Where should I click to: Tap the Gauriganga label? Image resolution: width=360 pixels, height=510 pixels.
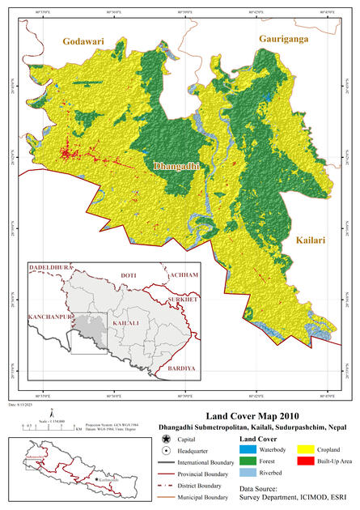286,39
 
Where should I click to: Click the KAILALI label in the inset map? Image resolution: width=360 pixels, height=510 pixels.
124,323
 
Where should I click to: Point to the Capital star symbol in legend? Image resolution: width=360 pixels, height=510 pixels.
165,437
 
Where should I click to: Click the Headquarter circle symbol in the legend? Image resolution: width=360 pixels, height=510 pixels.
165,449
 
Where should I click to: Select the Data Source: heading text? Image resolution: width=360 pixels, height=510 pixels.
263,490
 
